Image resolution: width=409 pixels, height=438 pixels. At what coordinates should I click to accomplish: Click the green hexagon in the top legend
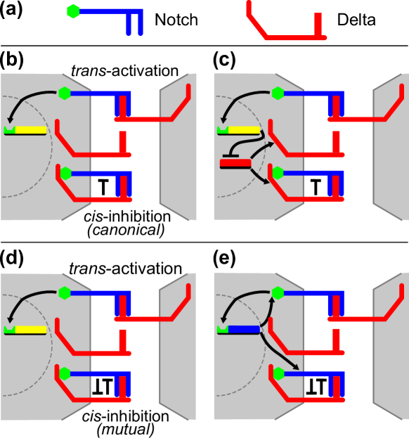pyautogui.click(x=73, y=11)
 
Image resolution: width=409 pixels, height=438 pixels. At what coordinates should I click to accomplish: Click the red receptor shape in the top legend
pyautogui.click(x=288, y=37)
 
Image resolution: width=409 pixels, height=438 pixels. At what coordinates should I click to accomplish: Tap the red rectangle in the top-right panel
pyautogui.click(x=235, y=164)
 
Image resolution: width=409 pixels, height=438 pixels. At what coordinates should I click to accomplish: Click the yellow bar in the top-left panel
pyautogui.click(x=30, y=130)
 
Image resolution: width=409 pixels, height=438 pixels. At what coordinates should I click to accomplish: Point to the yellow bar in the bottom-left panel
pyautogui.click(x=30, y=330)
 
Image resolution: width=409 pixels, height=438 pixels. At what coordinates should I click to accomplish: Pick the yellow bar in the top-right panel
pyautogui.click(x=243, y=130)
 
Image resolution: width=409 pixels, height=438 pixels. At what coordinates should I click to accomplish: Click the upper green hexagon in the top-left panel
pyautogui.click(x=65, y=93)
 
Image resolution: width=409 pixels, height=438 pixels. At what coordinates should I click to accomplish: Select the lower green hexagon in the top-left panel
pyautogui.click(x=65, y=173)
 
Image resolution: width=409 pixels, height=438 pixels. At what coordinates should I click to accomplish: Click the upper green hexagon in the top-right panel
pyautogui.click(x=278, y=93)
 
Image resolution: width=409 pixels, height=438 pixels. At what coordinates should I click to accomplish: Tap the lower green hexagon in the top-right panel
pyautogui.click(x=278, y=173)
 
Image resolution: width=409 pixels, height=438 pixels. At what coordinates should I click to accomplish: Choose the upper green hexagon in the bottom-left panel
pyautogui.click(x=65, y=292)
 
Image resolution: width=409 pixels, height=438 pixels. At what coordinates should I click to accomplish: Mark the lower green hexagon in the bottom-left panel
pyautogui.click(x=65, y=373)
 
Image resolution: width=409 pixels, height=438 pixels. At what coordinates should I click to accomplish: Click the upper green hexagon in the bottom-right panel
pyautogui.click(x=278, y=292)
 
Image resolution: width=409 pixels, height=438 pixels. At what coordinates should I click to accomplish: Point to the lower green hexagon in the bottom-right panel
pyautogui.click(x=278, y=373)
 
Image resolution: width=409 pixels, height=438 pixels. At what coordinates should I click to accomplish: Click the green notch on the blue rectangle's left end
pyautogui.click(x=223, y=329)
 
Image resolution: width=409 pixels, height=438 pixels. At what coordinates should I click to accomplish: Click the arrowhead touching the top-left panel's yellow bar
pyautogui.click(x=11, y=124)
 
